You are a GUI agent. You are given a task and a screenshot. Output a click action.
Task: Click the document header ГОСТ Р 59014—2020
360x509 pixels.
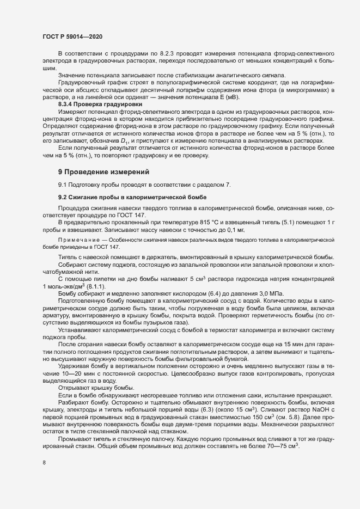[72, 36]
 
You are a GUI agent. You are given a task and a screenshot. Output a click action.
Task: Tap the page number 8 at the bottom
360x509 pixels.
[44, 478]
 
